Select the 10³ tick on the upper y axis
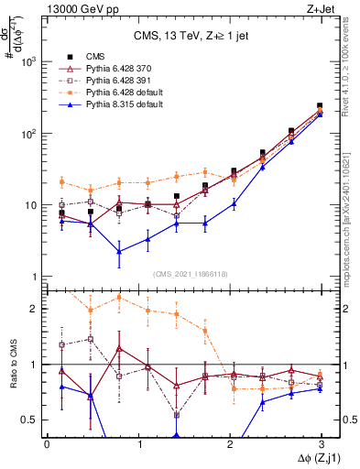pos(29,61)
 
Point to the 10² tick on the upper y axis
pos(29,134)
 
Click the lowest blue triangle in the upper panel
pos(119,251)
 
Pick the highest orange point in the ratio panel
pos(119,297)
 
